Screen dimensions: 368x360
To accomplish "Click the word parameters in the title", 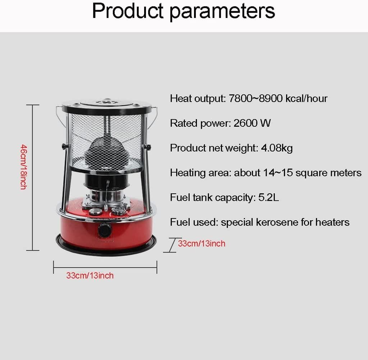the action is [x=222, y=12].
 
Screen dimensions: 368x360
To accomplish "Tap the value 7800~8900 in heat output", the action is [x=256, y=98].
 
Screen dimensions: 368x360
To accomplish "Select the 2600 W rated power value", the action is [x=252, y=123].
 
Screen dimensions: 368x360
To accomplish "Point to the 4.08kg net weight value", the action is [x=277, y=148].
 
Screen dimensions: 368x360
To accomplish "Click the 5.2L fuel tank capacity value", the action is [x=268, y=197].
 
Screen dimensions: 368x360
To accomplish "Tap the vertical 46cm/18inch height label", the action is [x=24, y=167].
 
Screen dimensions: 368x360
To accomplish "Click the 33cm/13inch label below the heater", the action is [x=90, y=275].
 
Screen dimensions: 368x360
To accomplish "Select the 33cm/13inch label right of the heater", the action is [x=202, y=243].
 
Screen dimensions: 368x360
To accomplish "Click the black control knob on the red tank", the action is [x=105, y=230].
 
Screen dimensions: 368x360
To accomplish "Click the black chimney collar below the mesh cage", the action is [x=106, y=181].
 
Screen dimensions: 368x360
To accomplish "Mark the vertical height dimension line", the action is [x=32, y=177].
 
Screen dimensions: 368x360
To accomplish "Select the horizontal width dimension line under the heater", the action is [x=105, y=267].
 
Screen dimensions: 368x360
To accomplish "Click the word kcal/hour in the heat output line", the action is [x=306, y=98].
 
